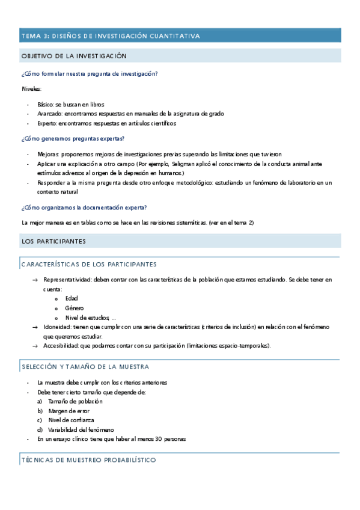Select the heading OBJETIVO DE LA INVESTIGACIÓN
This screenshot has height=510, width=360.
[74, 56]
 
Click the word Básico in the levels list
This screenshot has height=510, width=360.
[45, 104]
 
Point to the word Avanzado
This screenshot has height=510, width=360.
[49, 114]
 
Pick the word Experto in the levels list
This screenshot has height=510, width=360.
[47, 123]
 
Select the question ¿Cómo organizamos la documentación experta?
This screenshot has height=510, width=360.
[84, 207]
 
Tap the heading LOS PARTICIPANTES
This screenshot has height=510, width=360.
[53, 241]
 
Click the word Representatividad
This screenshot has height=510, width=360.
[67, 280]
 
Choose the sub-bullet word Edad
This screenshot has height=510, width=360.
[72, 298]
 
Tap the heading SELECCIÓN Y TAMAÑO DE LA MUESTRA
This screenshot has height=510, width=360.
[85, 366]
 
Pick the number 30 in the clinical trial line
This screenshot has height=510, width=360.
[158, 439]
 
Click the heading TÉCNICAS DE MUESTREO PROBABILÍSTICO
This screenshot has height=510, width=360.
[88, 460]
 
